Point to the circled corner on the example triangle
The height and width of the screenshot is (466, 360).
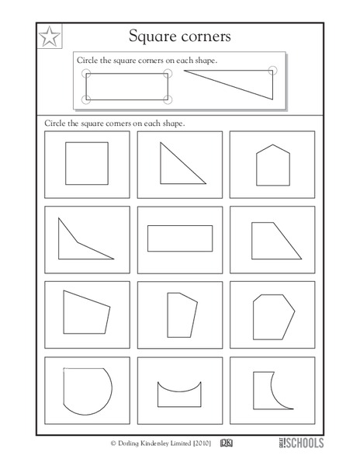click(271, 71)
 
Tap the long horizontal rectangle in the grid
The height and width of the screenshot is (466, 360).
click(178, 237)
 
